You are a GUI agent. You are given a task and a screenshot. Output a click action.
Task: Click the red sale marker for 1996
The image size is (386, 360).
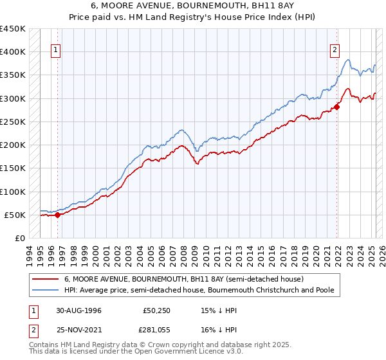(57, 215)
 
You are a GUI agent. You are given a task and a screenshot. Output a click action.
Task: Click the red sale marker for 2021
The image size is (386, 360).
(336, 107)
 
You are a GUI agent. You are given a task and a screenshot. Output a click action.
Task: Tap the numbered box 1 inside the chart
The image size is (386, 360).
(56, 50)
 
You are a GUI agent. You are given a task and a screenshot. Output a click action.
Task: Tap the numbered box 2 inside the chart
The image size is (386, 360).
(335, 50)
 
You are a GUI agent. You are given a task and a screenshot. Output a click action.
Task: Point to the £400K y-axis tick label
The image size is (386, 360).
(13, 52)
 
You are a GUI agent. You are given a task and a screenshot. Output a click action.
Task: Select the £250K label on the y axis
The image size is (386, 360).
(13, 122)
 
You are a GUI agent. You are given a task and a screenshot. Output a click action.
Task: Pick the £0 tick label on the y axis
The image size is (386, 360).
(20, 238)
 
